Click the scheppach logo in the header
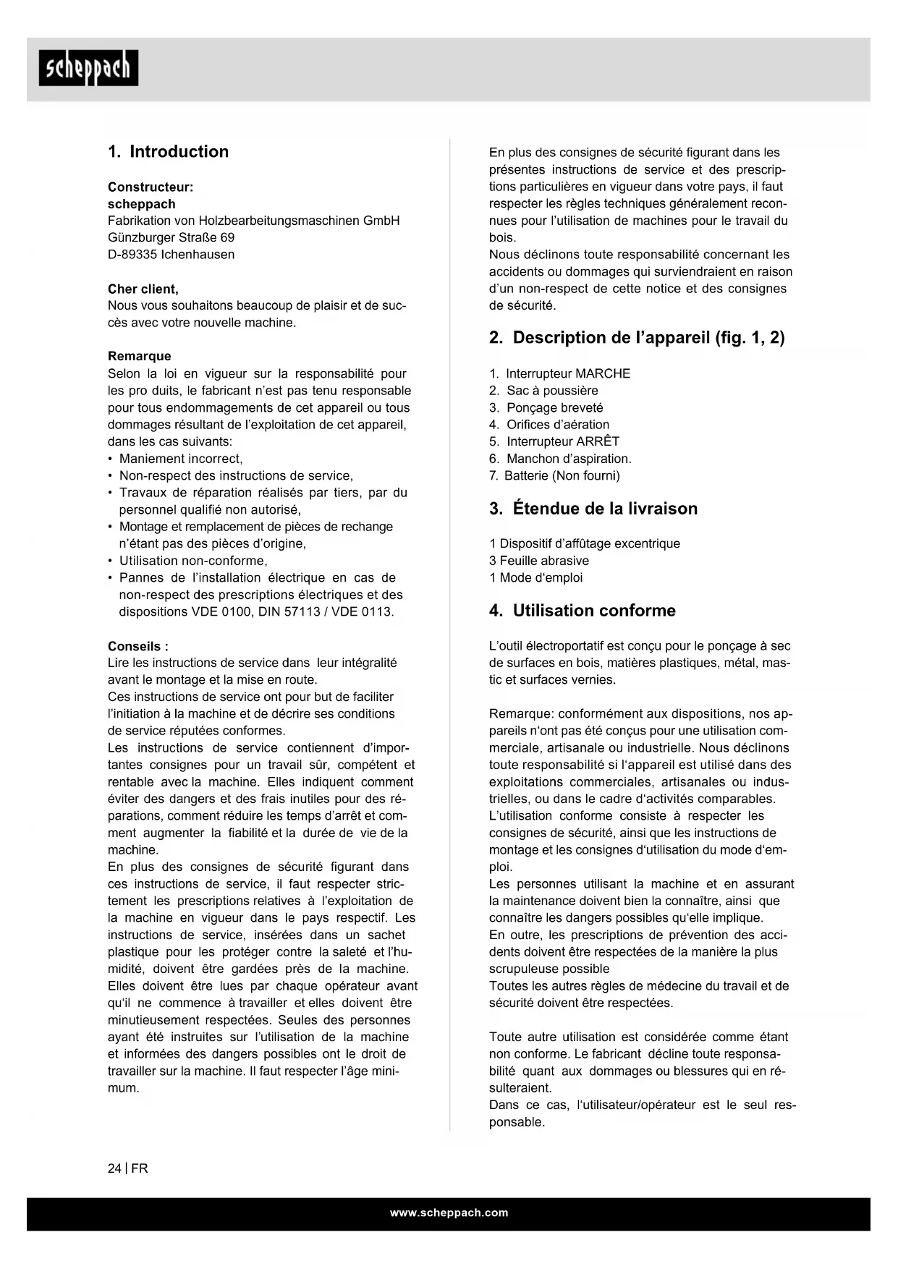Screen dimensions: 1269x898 coord(88,68)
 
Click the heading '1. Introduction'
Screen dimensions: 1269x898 coord(168,152)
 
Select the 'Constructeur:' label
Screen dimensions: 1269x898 coord(151,187)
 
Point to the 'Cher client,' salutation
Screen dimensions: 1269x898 coord(143,289)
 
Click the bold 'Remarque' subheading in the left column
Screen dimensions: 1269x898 coord(140,356)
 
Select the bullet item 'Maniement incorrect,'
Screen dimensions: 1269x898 coord(181,459)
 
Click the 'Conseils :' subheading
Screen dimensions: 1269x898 coord(138,646)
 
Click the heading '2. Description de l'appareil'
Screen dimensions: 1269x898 coord(637,338)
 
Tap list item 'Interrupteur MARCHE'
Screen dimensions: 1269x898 coord(567,374)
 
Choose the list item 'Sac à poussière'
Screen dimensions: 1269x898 coord(551,391)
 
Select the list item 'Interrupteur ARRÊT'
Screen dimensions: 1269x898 coord(562,441)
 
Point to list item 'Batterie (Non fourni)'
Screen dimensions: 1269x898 coord(562,475)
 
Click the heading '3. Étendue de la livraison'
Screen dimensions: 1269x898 coord(593,509)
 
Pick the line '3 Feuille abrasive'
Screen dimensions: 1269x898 coord(539,561)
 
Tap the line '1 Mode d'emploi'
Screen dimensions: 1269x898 coord(535,577)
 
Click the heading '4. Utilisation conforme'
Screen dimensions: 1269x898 coord(583,611)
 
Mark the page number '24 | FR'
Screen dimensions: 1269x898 coord(128,1168)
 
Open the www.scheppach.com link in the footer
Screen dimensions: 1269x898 coord(449,1213)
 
